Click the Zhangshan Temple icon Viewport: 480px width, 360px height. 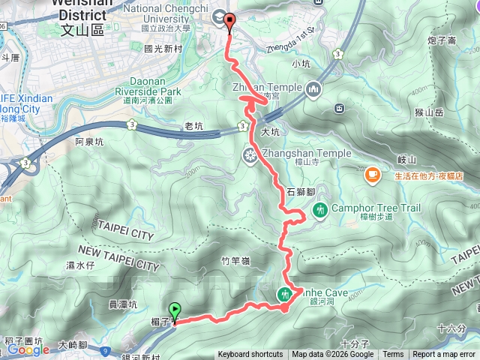pyautogui.click(x=248, y=154)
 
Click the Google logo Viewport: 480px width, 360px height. pyautogui.click(x=29, y=349)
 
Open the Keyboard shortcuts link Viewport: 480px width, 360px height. pyautogui.click(x=250, y=355)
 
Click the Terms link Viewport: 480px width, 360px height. pyautogui.click(x=393, y=355)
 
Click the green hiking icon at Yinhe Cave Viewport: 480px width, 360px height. pyautogui.click(x=286, y=295)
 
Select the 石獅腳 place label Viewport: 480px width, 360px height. pyautogui.click(x=300, y=190)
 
